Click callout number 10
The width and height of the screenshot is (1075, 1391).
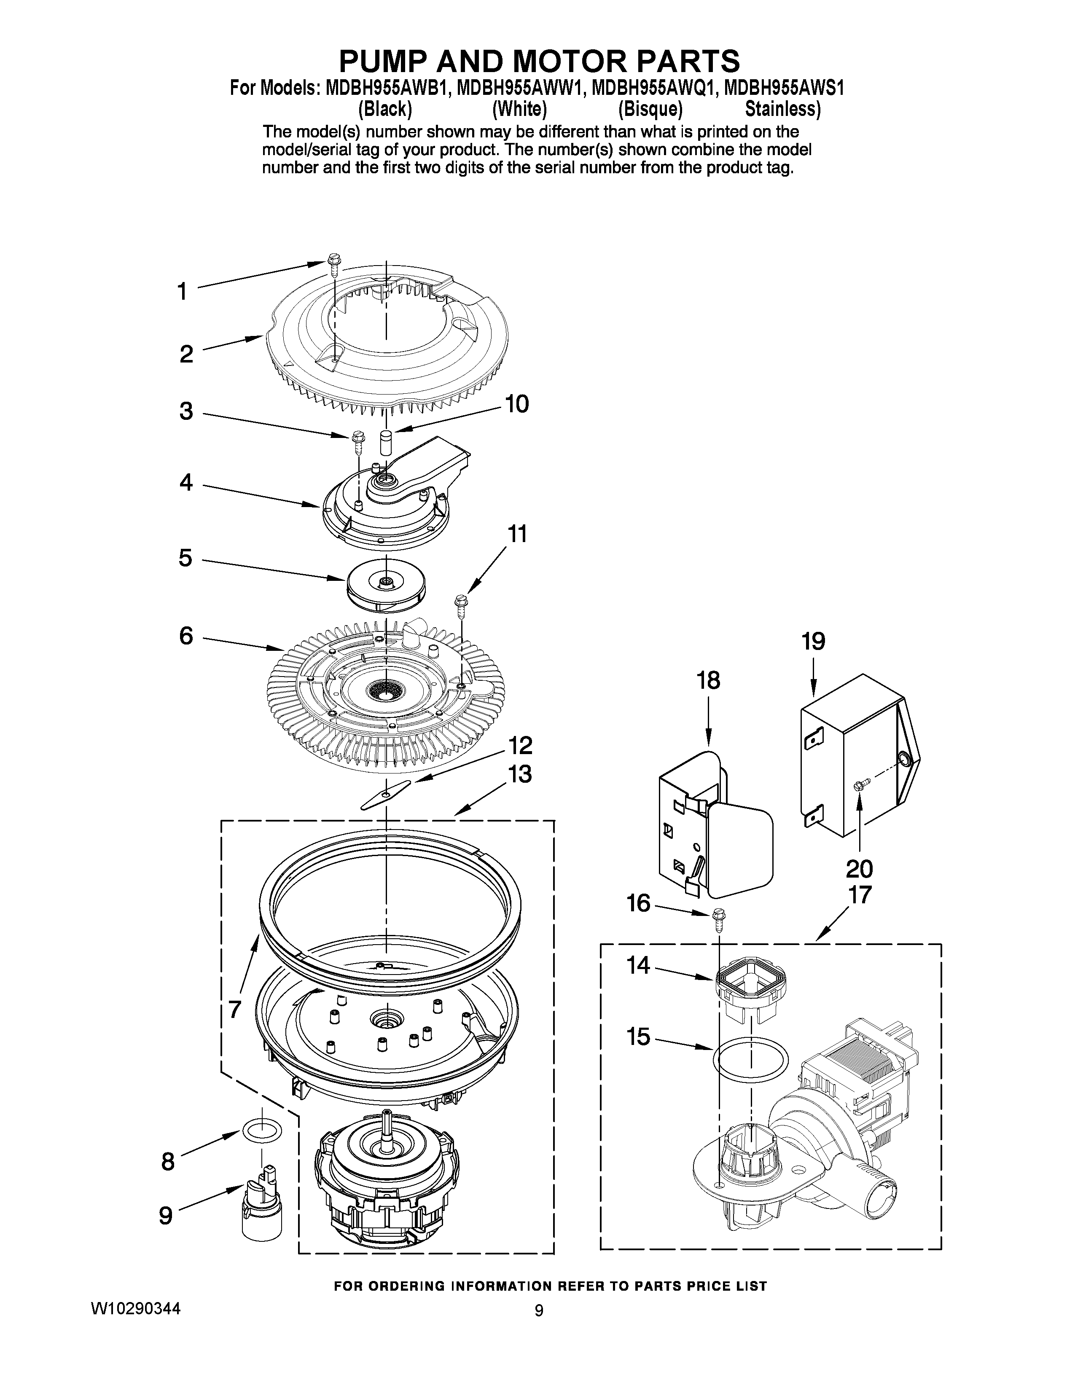516,404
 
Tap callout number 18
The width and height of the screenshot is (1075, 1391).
708,680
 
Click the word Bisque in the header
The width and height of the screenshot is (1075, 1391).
650,110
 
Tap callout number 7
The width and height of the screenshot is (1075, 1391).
235,1009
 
